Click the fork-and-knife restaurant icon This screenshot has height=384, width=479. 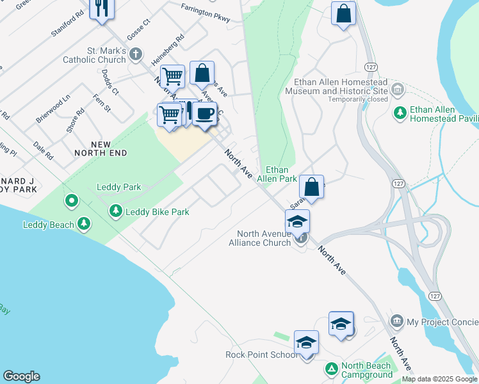pyautogui.click(x=101, y=8)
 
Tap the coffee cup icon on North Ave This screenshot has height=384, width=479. pyautogui.click(x=204, y=114)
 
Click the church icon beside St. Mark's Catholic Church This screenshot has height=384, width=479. pyautogui.click(x=135, y=54)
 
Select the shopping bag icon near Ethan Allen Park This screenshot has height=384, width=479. pyautogui.click(x=311, y=188)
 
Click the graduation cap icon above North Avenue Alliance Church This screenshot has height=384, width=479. pyautogui.click(x=297, y=221)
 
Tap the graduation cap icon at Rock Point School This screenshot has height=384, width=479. pyautogui.click(x=306, y=342)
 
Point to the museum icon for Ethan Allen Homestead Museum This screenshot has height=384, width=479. pyautogui.click(x=397, y=88)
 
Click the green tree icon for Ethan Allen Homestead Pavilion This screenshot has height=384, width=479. pyautogui.click(x=400, y=113)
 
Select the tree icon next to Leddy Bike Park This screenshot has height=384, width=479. pyautogui.click(x=115, y=211)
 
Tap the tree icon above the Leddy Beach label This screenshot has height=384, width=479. pyautogui.click(x=83, y=223)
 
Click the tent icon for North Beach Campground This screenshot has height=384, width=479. pyautogui.click(x=331, y=369)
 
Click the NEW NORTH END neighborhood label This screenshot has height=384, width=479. pyautogui.click(x=101, y=148)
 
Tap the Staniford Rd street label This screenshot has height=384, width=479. pyautogui.click(x=67, y=24)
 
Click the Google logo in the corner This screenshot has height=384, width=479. pyautogui.click(x=21, y=376)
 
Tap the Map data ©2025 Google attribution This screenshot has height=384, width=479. pyautogui.click(x=440, y=379)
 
